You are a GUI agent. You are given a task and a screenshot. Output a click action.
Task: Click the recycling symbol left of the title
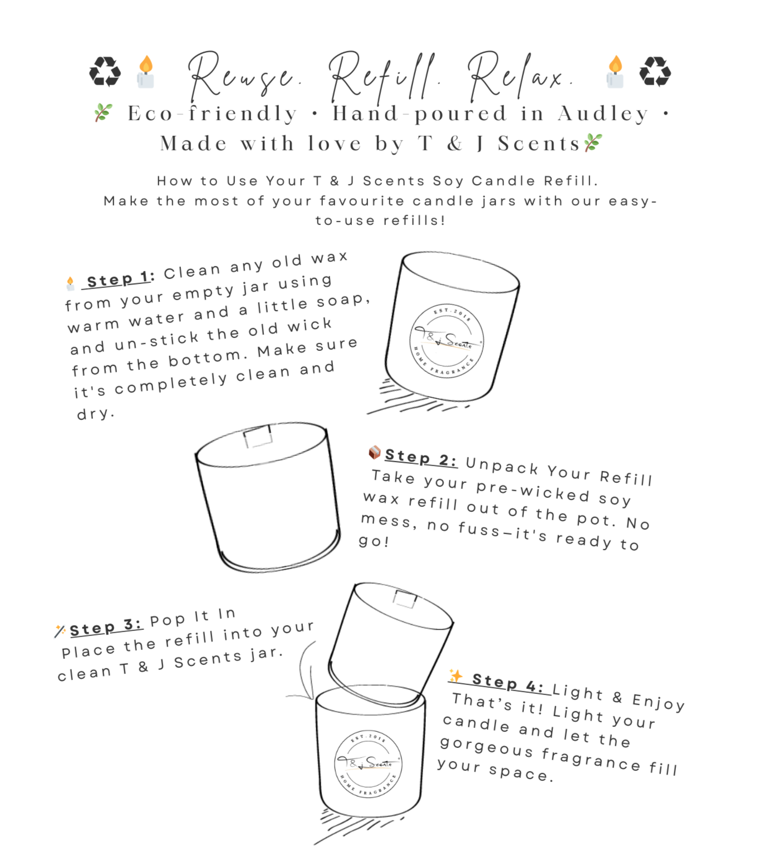point(105,72)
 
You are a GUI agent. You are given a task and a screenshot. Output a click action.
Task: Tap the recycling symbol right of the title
point(655,72)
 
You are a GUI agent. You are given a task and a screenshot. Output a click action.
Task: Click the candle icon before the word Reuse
point(145,72)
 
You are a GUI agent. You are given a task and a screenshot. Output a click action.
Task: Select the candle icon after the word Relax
point(615,72)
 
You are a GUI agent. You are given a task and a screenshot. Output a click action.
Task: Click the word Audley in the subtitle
point(603,114)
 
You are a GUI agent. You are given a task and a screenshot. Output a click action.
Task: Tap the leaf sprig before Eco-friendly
point(103,112)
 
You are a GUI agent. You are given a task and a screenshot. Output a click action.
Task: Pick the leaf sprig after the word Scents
point(593,143)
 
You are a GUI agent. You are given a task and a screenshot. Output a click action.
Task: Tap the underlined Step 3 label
point(106,627)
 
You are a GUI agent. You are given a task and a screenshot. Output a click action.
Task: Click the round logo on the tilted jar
point(447,341)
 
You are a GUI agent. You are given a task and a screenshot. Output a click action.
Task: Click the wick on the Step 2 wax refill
point(258,437)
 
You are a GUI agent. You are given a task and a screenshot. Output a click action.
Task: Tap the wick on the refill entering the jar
point(405,599)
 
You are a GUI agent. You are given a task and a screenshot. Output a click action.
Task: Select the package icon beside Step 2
point(375,452)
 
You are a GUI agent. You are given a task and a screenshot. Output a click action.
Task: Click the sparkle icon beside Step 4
point(456,676)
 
